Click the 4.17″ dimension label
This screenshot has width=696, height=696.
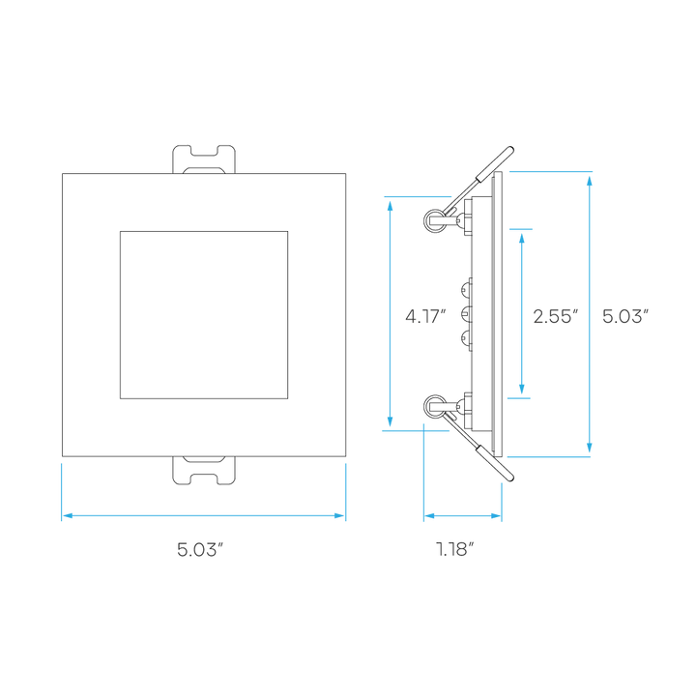(x=425, y=316)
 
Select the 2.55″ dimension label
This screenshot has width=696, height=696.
(x=556, y=316)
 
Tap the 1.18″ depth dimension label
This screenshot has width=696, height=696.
(x=455, y=549)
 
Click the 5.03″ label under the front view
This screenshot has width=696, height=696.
(x=199, y=549)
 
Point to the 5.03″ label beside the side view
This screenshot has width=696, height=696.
(x=625, y=316)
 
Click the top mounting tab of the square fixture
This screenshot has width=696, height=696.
(x=204, y=159)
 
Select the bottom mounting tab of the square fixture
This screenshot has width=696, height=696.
(x=204, y=471)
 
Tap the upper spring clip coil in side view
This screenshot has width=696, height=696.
(x=435, y=220)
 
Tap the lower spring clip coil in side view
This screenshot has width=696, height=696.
(x=435, y=406)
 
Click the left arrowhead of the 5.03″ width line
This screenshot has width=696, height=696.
(x=68, y=516)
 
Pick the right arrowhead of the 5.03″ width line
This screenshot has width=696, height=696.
(x=339, y=516)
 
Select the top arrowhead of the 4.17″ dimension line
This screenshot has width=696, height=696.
(x=391, y=207)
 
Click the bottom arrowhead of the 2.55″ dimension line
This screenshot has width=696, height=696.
(x=522, y=389)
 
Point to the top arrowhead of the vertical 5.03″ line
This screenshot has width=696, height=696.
(x=590, y=182)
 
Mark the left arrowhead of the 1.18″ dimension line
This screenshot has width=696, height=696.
(x=429, y=516)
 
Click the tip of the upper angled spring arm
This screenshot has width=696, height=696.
(x=511, y=149)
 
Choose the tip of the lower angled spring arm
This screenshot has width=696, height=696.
(x=511, y=478)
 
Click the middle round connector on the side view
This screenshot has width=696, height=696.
(x=466, y=314)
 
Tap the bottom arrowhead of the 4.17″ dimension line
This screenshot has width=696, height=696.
(x=391, y=421)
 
